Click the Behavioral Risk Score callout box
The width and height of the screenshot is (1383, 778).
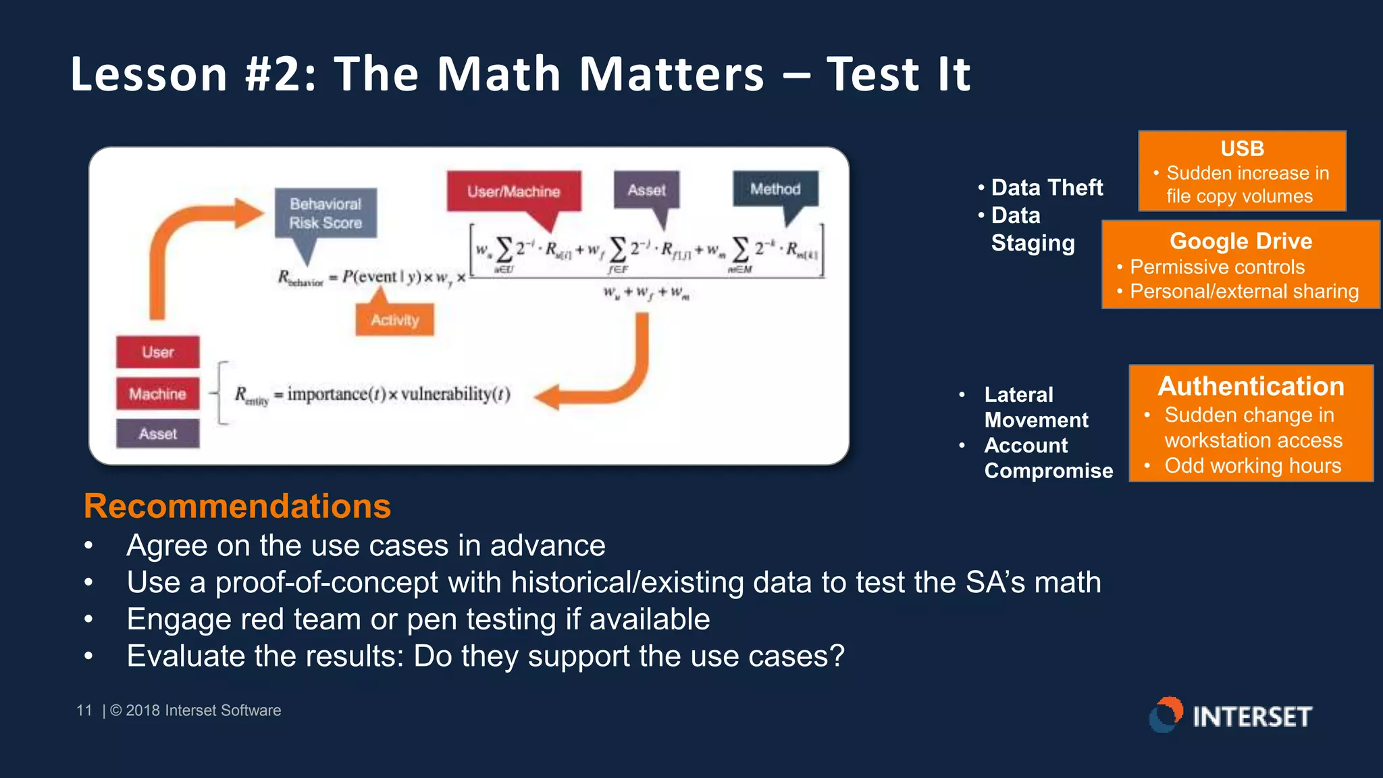pyautogui.click(x=325, y=213)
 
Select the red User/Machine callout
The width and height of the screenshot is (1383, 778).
pyautogui.click(x=513, y=192)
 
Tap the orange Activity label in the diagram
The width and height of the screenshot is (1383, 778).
pyautogui.click(x=394, y=320)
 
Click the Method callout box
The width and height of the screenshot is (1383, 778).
pyautogui.click(x=775, y=190)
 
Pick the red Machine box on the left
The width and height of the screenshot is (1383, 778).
pyautogui.click(x=157, y=394)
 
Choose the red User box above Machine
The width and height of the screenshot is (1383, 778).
pyautogui.click(x=157, y=352)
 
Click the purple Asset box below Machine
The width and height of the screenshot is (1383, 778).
pyautogui.click(x=157, y=434)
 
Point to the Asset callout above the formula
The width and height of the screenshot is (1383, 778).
pyautogui.click(x=646, y=190)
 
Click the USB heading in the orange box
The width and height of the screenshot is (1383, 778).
pyautogui.click(x=1241, y=149)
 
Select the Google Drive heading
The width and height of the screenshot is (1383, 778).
pyautogui.click(x=1241, y=241)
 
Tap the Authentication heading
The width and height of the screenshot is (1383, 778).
pyautogui.click(x=1251, y=386)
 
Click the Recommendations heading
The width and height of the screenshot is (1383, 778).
pyautogui.click(x=237, y=506)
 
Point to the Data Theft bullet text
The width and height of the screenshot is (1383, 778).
pyautogui.click(x=1046, y=188)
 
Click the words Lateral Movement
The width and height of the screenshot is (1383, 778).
pyautogui.click(x=1035, y=407)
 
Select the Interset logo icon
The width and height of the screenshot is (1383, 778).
pyautogui.click(x=1166, y=715)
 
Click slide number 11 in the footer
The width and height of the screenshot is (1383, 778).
pyautogui.click(x=84, y=710)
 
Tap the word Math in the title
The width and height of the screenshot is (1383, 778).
pyautogui.click(x=498, y=74)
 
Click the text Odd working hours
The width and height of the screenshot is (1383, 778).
pyautogui.click(x=1252, y=466)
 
